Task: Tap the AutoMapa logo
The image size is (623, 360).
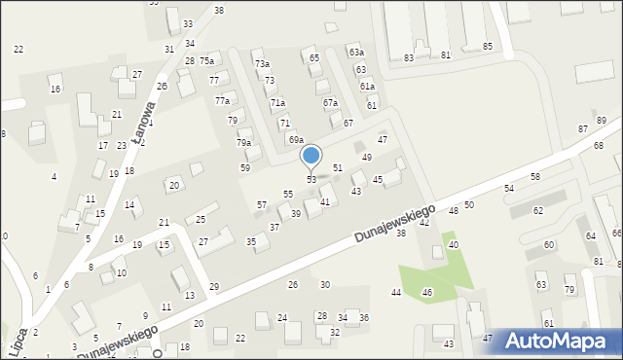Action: [555, 341]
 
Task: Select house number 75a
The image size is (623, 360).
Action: [206, 60]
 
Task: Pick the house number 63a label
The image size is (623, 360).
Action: [356, 52]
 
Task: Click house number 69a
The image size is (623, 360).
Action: [295, 140]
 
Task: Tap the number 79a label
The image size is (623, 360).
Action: [243, 143]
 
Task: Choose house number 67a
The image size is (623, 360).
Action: [330, 102]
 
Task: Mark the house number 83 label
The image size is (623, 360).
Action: [409, 58]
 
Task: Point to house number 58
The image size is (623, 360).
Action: [534, 176]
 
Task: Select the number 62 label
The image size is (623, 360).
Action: [537, 210]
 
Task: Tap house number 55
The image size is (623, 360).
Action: [287, 195]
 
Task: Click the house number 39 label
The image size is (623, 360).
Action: [295, 214]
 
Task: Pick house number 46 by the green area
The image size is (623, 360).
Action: [426, 293]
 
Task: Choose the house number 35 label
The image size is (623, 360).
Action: [250, 241]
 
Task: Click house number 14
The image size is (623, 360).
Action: [129, 205]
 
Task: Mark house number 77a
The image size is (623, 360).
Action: [223, 101]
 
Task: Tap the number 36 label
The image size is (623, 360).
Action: [364, 318]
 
